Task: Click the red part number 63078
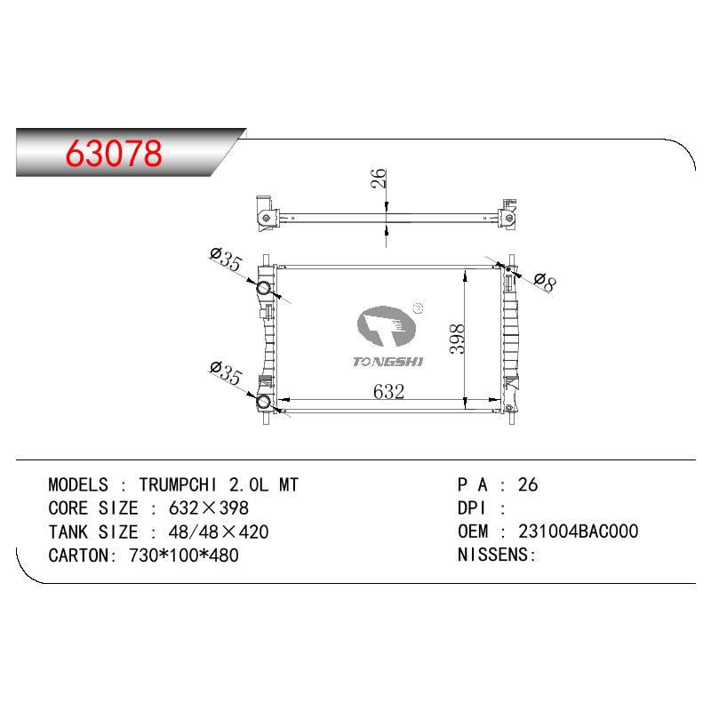tap(114, 153)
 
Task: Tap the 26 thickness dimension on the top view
tap(379, 179)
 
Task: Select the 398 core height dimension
tap(457, 339)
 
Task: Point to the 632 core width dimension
tap(388, 392)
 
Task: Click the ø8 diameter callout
tap(544, 283)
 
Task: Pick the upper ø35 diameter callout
tap(226, 260)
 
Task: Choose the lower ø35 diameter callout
tap(226, 373)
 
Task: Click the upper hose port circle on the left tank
tap(263, 288)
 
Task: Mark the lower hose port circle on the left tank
tap(263, 402)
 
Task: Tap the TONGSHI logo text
tap(388, 362)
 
